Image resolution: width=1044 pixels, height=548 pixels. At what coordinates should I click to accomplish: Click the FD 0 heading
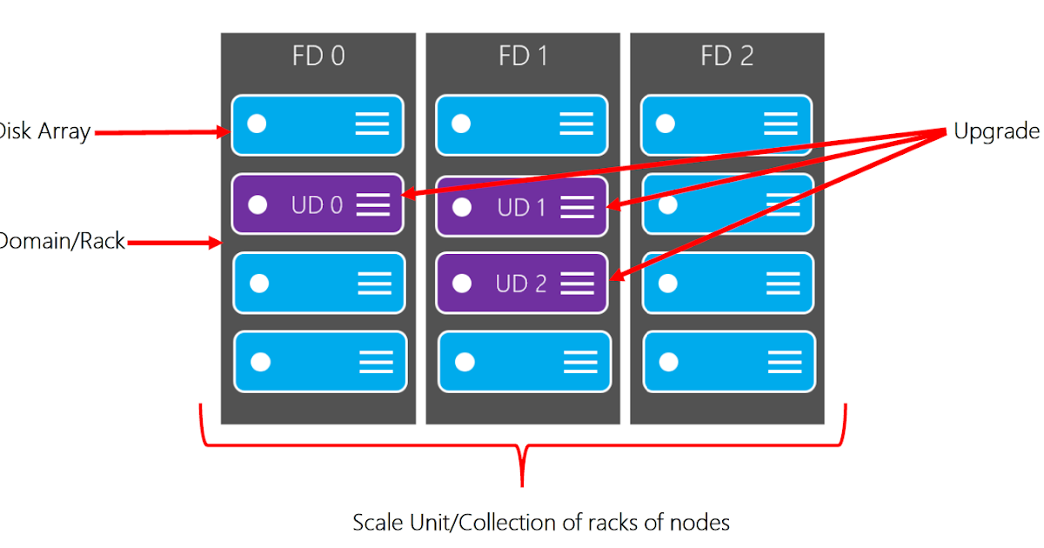click(318, 57)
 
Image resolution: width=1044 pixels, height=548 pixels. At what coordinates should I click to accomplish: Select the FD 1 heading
click(523, 57)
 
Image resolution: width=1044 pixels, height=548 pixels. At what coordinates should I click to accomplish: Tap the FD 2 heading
click(727, 57)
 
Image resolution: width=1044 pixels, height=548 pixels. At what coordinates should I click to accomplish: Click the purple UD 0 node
click(318, 204)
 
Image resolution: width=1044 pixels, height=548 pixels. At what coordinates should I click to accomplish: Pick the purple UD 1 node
click(521, 207)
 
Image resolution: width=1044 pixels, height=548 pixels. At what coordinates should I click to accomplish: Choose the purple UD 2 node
click(521, 284)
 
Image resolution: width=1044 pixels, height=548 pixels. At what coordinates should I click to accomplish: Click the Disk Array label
click(43, 132)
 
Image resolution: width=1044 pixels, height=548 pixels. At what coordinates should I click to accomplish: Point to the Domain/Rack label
click(61, 242)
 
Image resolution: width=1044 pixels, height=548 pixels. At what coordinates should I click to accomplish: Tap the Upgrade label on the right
click(997, 131)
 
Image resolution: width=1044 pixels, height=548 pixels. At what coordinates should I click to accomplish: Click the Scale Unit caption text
click(540, 522)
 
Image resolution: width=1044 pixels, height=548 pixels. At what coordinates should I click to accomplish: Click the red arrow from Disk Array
click(161, 132)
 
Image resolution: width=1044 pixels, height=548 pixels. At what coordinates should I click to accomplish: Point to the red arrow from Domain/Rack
click(174, 243)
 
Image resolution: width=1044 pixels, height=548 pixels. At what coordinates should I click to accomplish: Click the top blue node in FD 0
click(318, 124)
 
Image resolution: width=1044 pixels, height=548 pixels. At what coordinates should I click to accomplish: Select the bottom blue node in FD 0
click(320, 361)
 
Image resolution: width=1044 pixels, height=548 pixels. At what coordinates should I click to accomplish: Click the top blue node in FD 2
click(726, 124)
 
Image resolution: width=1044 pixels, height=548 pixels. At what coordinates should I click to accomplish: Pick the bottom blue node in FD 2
click(729, 361)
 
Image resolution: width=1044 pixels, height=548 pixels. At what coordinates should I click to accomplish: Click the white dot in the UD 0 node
click(257, 204)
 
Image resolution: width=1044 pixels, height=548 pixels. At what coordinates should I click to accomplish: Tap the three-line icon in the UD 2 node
click(577, 283)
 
